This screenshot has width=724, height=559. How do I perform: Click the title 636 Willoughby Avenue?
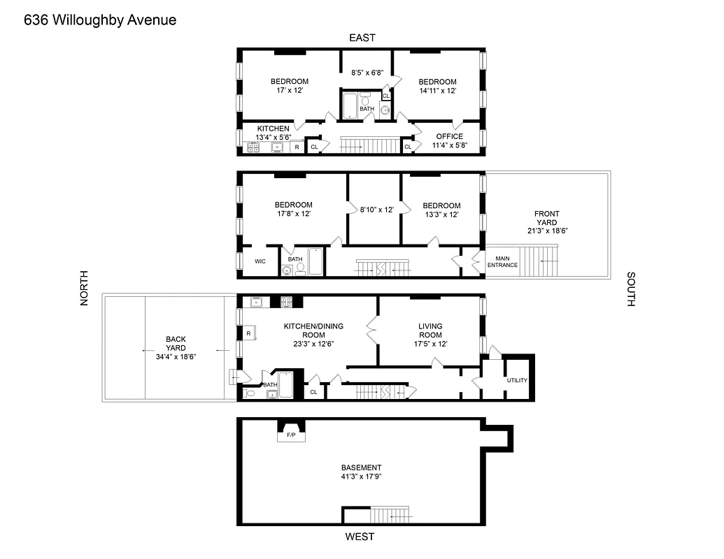[x=100, y=20]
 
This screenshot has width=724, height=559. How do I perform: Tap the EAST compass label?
[x=362, y=38]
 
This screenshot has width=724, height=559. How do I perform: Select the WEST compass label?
[x=360, y=537]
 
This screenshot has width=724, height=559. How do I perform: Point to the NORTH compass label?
[x=85, y=288]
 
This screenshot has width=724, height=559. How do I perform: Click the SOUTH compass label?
[x=630, y=289]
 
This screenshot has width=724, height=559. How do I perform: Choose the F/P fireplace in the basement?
[x=291, y=435]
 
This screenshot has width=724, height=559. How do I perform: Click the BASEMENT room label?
[x=361, y=467]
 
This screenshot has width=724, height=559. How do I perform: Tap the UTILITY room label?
[x=517, y=380]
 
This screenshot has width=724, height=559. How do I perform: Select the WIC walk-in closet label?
[x=260, y=261]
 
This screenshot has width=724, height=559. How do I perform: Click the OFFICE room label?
[x=449, y=136]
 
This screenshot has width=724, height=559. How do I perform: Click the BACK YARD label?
[x=176, y=343]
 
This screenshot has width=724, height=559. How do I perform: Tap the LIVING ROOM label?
[x=430, y=330]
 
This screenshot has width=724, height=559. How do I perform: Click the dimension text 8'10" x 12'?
[x=376, y=210]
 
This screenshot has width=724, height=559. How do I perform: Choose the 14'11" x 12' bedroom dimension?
[x=438, y=91]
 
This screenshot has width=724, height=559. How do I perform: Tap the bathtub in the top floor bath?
[x=349, y=106]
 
